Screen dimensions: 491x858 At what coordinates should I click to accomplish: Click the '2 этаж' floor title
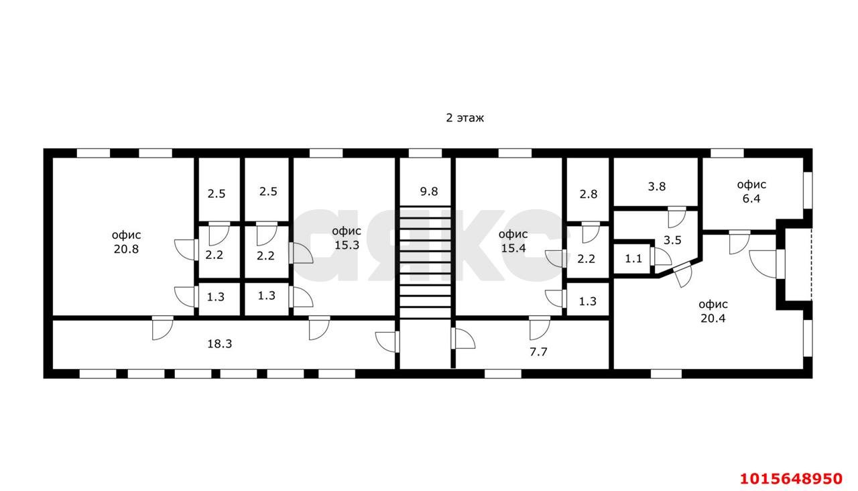pos(465,118)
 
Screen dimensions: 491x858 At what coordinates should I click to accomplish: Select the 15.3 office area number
pos(346,245)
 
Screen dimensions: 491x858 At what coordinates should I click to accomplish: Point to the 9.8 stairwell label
pos(429,191)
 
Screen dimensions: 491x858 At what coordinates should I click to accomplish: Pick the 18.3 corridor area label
pos(220,343)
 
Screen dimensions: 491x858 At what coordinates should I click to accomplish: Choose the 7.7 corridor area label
pos(539,350)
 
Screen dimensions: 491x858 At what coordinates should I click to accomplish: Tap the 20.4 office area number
pos(713,319)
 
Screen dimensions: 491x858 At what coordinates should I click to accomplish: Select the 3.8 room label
pos(657,187)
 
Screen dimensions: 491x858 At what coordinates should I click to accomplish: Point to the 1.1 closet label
pos(633,258)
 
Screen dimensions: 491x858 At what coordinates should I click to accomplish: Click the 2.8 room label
pos(588,195)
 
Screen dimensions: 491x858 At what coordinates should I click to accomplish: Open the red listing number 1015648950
pos(790,478)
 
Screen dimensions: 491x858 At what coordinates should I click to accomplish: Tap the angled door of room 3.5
pos(684,275)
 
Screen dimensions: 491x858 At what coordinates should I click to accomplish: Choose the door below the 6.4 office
pos(739,241)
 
